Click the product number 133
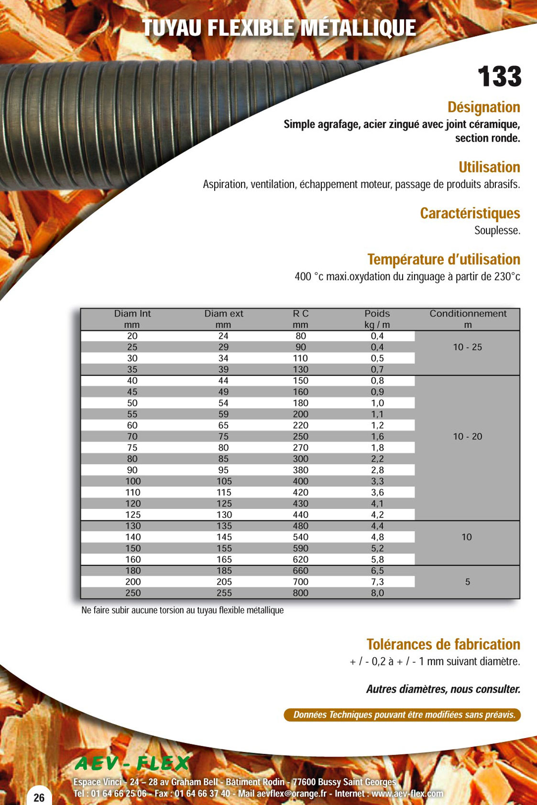(499, 77)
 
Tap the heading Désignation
(483, 107)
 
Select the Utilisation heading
(489, 167)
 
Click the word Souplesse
(497, 231)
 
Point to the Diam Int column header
(132, 314)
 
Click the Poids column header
(377, 314)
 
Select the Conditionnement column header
(468, 314)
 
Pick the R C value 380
(301, 470)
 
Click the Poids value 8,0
(377, 593)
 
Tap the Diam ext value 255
(224, 593)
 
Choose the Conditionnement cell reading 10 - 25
(467, 347)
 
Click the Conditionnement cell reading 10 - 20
(467, 437)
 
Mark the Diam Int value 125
(133, 515)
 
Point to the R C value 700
(301, 582)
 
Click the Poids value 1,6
(377, 437)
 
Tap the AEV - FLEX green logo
(132, 763)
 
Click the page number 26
(39, 797)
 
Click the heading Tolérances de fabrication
(443, 644)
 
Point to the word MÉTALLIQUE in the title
(359, 28)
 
